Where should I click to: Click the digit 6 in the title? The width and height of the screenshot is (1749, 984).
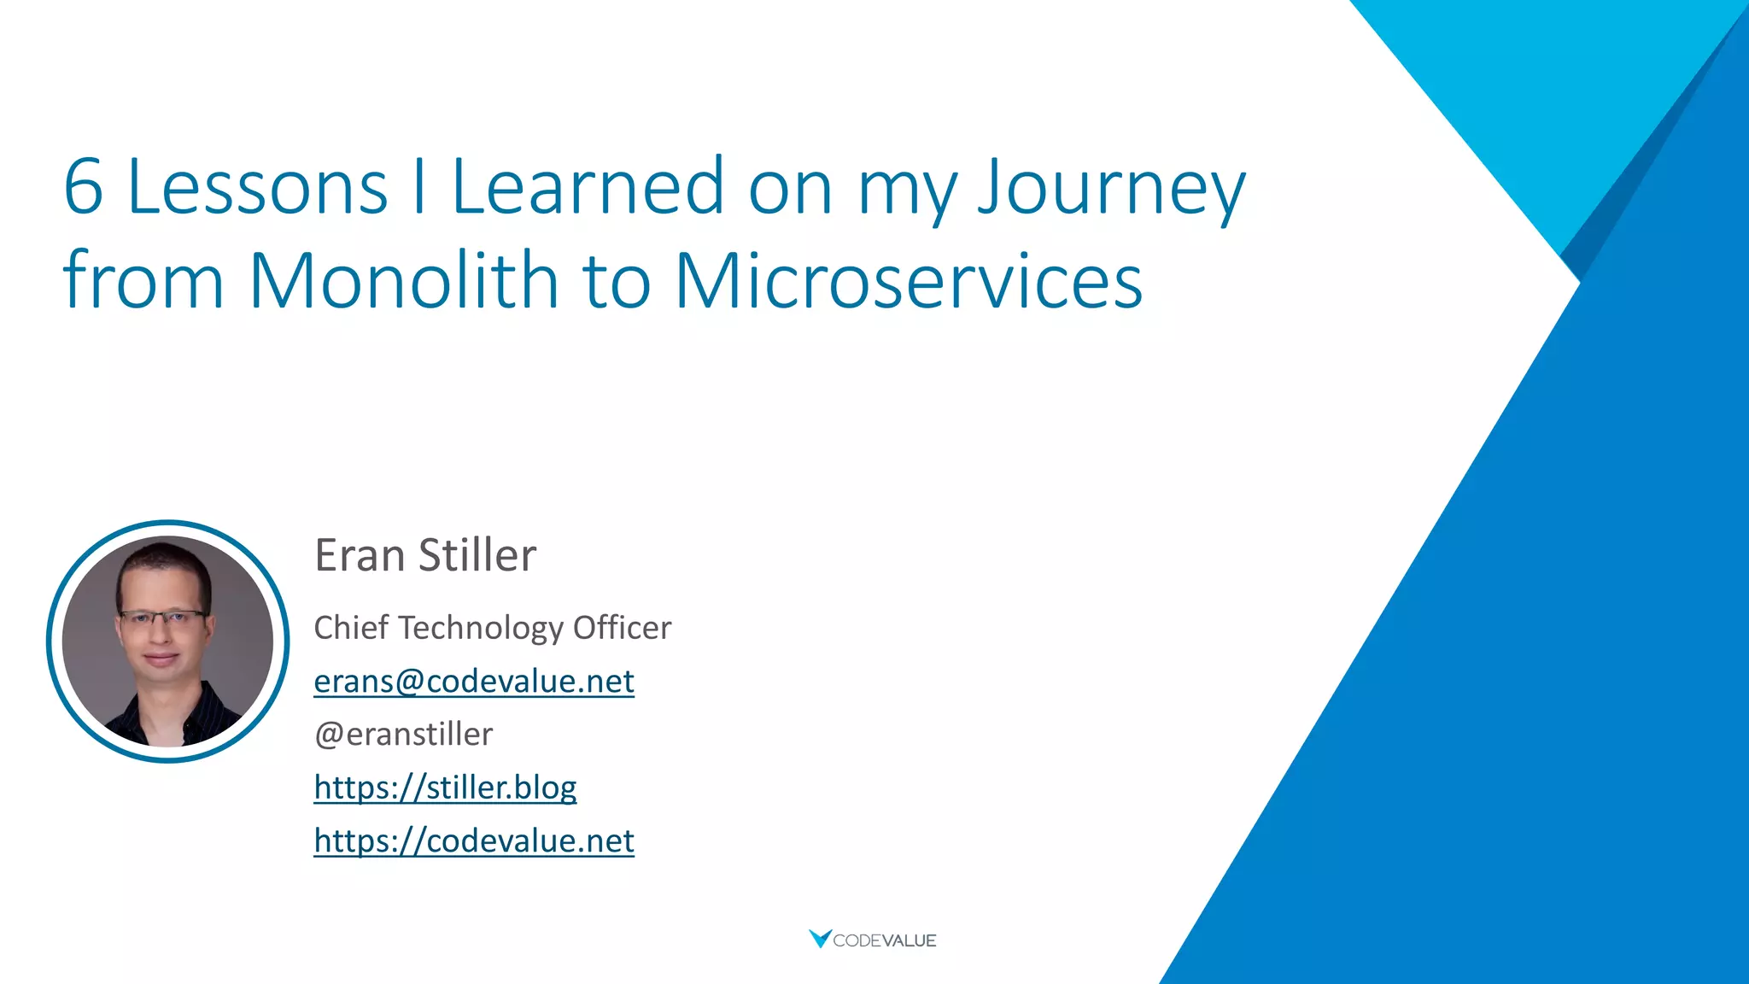click(x=84, y=187)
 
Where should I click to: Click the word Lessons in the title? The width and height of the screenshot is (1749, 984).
click(x=257, y=187)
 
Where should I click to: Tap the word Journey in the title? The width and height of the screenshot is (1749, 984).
click(x=1111, y=189)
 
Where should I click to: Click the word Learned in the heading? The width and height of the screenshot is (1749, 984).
click(x=588, y=187)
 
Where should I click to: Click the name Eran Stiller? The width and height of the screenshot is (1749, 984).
click(x=425, y=555)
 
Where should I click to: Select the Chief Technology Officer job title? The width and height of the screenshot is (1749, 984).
click(x=492, y=628)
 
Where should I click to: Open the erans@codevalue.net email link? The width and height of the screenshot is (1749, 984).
click(x=473, y=682)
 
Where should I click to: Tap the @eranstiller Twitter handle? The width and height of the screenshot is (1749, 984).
click(x=403, y=735)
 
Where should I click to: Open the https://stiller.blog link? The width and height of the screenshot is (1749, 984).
click(x=445, y=788)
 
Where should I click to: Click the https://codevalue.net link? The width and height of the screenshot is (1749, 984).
click(x=473, y=841)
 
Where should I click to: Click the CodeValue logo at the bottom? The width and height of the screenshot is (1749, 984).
click(x=873, y=940)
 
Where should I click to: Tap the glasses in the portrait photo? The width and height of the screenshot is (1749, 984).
click(x=162, y=617)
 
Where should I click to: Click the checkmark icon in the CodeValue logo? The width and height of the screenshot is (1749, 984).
click(x=820, y=938)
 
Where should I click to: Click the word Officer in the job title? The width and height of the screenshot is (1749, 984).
click(x=622, y=628)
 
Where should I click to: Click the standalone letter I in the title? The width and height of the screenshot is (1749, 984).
click(x=418, y=187)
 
